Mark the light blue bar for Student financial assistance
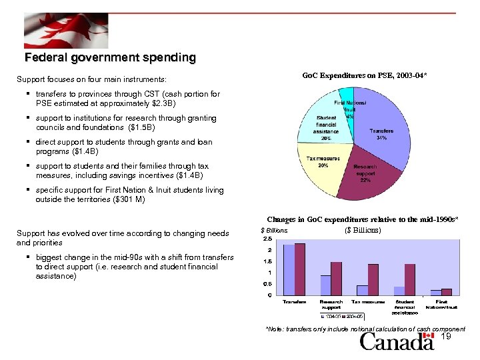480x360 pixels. coord(399,291)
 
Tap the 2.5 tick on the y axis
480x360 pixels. coord(267,239)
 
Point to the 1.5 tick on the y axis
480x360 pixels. coord(267,261)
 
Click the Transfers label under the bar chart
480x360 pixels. coord(294,302)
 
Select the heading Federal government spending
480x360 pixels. coord(110,58)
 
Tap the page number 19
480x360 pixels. coord(447,337)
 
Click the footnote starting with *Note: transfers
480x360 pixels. coord(365,329)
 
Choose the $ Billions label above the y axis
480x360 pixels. coord(274,230)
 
